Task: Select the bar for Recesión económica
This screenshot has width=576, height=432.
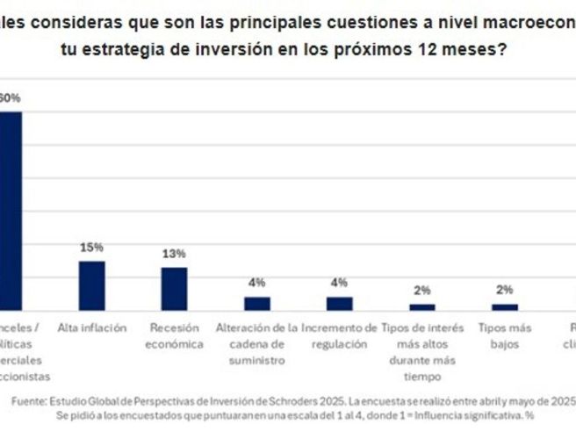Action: pyautogui.click(x=174, y=288)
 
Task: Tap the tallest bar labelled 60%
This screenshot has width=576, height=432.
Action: pyautogui.click(x=11, y=211)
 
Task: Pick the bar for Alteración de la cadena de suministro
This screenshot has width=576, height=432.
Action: pyautogui.click(x=257, y=303)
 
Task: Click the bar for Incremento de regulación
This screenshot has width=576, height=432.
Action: pyautogui.click(x=339, y=303)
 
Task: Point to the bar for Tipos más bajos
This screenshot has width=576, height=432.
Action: pyautogui.click(x=505, y=306)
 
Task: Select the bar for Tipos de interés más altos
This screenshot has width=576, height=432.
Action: pyautogui.click(x=422, y=306)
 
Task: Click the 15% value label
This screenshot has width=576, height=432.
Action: pyautogui.click(x=92, y=248)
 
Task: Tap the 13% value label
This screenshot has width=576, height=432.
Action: pyautogui.click(x=174, y=254)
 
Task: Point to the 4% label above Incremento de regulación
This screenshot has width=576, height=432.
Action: pyautogui.click(x=339, y=283)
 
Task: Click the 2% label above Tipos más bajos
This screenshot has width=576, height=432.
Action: pyautogui.click(x=505, y=291)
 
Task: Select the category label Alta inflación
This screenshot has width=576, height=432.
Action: pyautogui.click(x=91, y=328)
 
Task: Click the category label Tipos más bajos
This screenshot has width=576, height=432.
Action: pyautogui.click(x=505, y=335)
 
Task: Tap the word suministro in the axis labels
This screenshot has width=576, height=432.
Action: pyautogui.click(x=257, y=360)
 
